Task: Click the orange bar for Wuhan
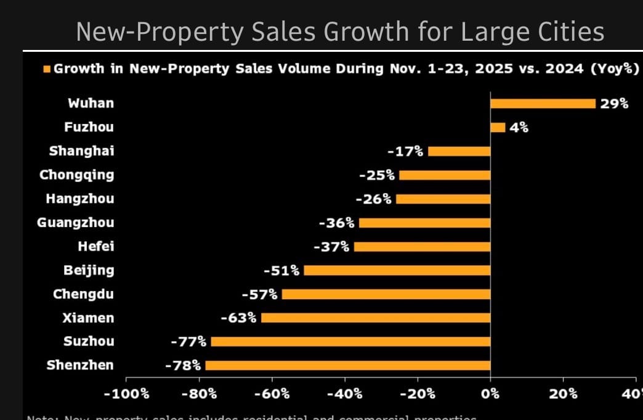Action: coord(543,104)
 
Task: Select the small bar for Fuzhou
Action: coord(498,128)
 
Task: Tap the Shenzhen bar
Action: coord(348,365)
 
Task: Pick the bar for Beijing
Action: coord(397,270)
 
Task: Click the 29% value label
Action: coord(614,104)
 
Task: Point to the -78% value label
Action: coord(183,365)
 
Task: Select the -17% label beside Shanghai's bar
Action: coord(405,151)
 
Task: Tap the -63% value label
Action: coord(238,318)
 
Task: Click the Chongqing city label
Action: coord(76,175)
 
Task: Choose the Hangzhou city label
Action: coord(79,199)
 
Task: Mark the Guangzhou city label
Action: coord(75,223)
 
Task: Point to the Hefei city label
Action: coord(95,247)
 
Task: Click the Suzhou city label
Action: coord(89,341)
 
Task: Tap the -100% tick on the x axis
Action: coord(126,393)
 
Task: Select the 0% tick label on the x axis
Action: coord(490,393)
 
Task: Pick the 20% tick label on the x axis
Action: coord(563,393)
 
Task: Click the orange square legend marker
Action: coord(47,68)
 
